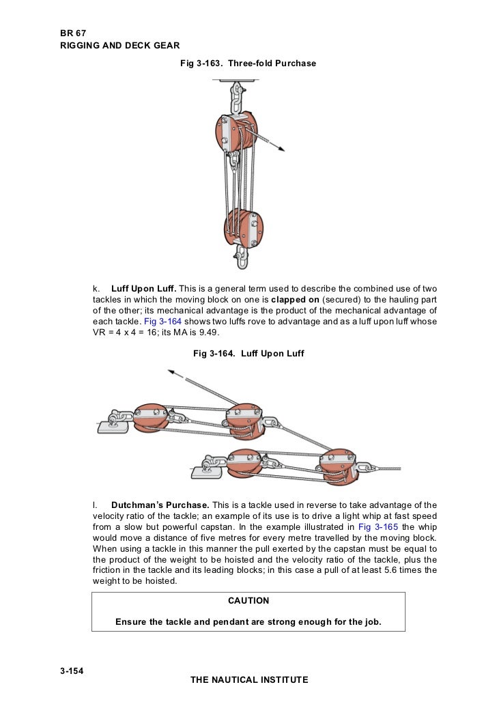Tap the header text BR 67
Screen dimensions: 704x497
point(73,33)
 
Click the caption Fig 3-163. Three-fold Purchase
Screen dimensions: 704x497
point(248,64)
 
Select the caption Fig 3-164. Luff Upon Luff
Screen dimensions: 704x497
point(248,354)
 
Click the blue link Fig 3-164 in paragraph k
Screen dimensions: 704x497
point(162,322)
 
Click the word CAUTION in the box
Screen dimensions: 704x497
point(248,601)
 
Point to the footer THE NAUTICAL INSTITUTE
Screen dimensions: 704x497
point(249,680)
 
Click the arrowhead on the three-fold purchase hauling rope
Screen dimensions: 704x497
point(281,149)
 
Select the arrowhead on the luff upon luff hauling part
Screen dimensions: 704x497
point(171,372)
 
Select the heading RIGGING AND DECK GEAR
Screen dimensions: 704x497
point(120,46)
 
